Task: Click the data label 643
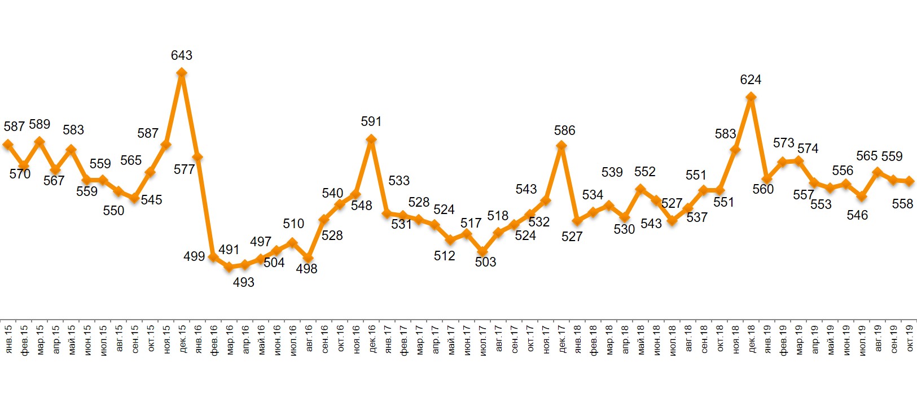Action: tap(182, 55)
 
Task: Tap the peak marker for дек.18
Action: tap(751, 97)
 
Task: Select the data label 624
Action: tap(751, 80)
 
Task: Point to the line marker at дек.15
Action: tap(182, 73)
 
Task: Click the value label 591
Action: tap(371, 121)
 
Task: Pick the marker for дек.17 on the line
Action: tap(561, 146)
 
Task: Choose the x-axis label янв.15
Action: tap(8, 339)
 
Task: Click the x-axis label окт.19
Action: tap(909, 339)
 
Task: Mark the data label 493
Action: tap(244, 282)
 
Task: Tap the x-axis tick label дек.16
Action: tap(372, 339)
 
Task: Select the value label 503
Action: tap(485, 262)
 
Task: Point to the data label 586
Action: tap(564, 131)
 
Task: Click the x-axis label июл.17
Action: tap(482, 339)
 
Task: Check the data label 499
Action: tap(194, 256)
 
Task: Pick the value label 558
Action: tap(902, 204)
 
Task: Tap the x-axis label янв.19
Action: tap(767, 339)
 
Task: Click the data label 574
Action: tap(808, 149)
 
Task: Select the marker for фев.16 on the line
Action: tap(213, 257)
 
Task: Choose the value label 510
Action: tap(293, 224)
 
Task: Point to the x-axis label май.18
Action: tap(640, 339)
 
